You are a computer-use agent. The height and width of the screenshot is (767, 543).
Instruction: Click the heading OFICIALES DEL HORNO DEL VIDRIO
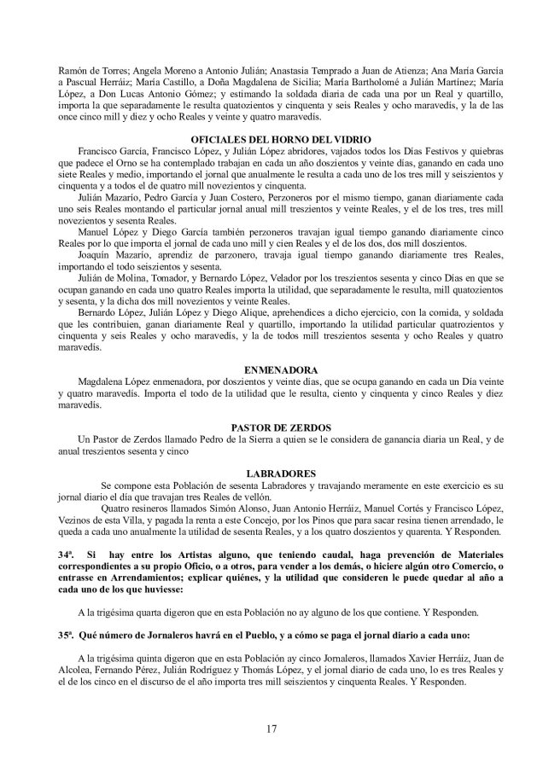click(x=271, y=140)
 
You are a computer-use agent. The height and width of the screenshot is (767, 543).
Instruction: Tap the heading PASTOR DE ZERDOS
click(x=271, y=426)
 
